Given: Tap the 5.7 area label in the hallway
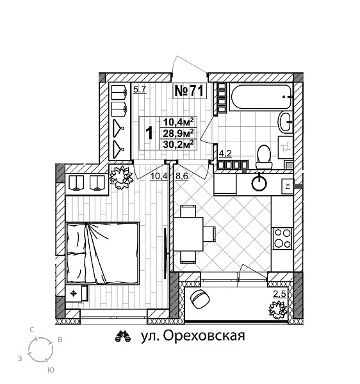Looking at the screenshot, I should [x=139, y=90].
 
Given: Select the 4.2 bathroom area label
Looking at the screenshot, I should [x=225, y=154].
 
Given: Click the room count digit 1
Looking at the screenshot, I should [x=149, y=133].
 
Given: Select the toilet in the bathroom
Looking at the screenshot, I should [x=263, y=154].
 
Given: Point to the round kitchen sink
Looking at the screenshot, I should [x=259, y=183].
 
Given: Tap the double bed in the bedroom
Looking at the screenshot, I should [x=102, y=253].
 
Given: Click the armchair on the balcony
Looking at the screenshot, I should [x=200, y=299].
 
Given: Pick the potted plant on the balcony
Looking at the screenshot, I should [x=278, y=310].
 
